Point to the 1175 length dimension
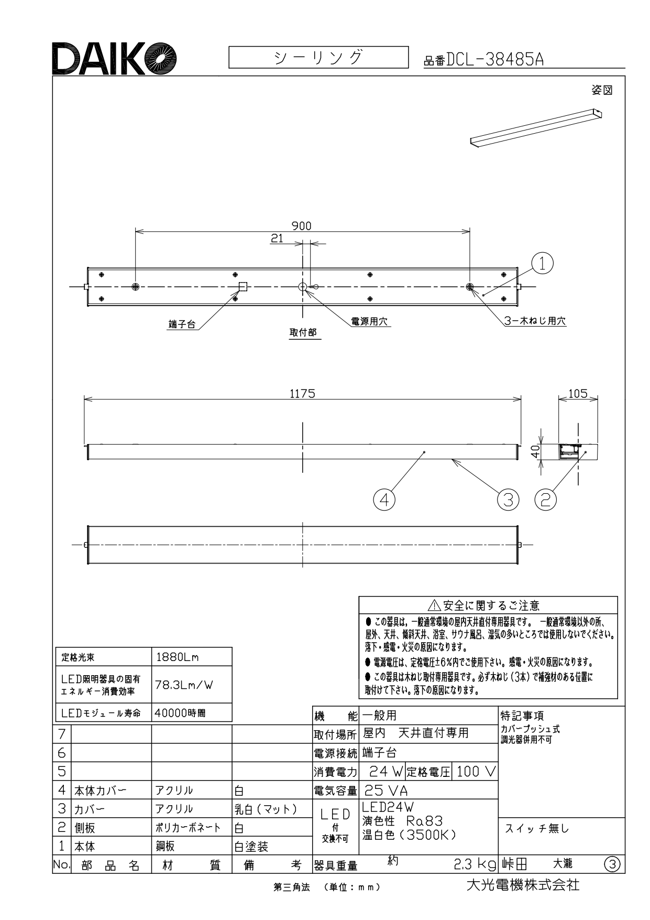tap(303, 393)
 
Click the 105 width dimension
tap(578, 393)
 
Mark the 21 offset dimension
tap(277, 238)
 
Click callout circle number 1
tap(543, 263)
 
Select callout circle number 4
tap(384, 500)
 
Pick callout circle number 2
tap(545, 500)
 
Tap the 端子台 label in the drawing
tap(182, 325)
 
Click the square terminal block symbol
tap(243, 286)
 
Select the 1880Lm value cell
tap(192, 657)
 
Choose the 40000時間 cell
tap(192, 712)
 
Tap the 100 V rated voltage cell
tap(476, 772)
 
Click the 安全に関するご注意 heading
tap(491, 606)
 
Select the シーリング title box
tap(318, 57)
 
